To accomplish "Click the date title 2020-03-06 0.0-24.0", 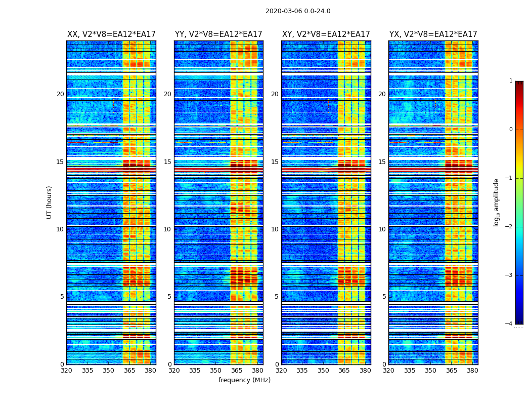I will click(298, 11).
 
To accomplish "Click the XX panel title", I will click(111, 34).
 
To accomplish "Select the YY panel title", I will click(218, 34).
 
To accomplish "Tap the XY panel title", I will click(326, 34).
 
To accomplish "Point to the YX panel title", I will click(433, 34).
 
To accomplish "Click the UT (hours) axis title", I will click(50, 202).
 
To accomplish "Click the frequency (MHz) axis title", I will click(244, 380).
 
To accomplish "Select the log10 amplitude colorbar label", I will click(497, 202).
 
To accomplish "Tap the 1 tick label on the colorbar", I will click(510, 81).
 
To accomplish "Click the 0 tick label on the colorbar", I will click(510, 130).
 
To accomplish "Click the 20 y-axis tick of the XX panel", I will click(60, 94).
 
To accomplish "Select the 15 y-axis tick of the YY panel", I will click(167, 162).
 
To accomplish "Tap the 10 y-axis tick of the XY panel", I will click(275, 229).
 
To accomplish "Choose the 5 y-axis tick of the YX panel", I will click(384, 297).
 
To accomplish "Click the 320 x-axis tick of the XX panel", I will click(66, 371).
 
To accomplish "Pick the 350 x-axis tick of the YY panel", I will click(216, 371).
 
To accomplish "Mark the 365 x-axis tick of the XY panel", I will click(344, 371).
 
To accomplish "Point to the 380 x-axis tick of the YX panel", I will click(472, 371).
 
